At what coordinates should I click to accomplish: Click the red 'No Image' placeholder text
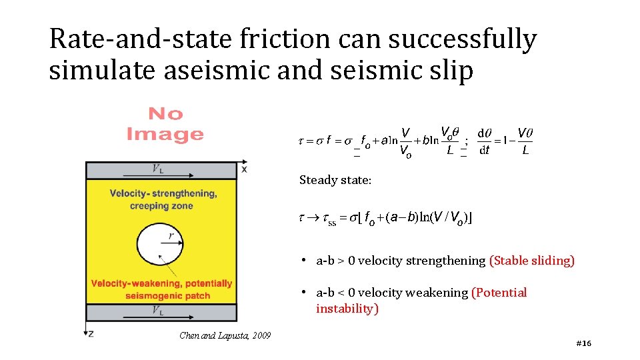pos(165,125)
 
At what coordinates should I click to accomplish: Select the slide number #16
pos(583,343)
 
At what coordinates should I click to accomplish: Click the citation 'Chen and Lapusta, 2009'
pos(225,335)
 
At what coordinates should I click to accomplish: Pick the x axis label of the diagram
pos(244,169)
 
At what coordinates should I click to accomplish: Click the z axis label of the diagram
pos(90,333)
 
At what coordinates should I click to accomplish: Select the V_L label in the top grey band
pos(159,169)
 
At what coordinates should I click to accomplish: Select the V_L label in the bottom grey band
pos(159,311)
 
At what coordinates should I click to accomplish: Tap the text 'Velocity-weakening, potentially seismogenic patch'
pos(161,289)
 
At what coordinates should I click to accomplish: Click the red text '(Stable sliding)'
pos(531,261)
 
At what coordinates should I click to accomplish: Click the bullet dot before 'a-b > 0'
pos(303,261)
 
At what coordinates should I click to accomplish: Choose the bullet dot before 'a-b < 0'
pos(303,293)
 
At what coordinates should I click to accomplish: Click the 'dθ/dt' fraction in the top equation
pos(485,142)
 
